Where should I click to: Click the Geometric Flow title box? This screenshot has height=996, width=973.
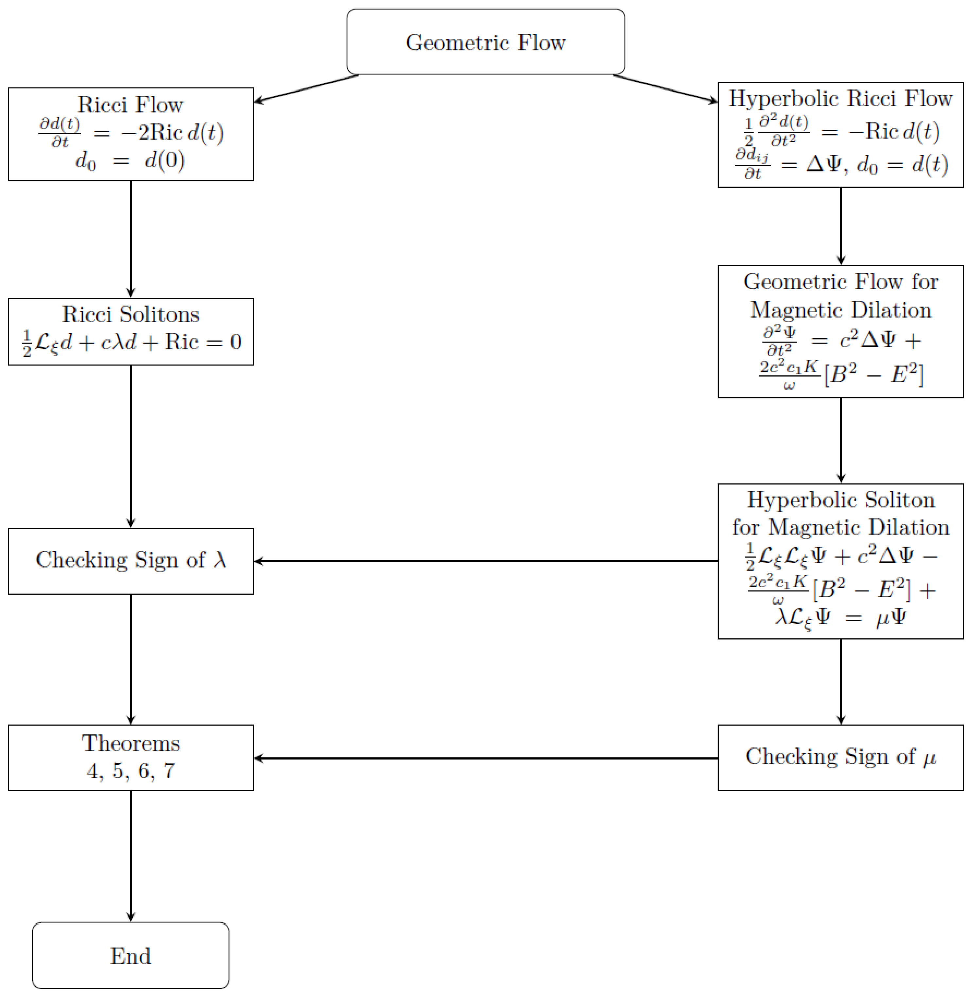485,42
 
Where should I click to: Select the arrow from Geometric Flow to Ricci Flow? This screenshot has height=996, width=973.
307,88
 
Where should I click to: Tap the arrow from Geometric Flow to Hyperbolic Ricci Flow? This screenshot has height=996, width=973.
664,88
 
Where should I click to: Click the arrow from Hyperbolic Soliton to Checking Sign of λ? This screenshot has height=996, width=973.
485,561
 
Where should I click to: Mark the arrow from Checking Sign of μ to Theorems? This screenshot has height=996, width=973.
485,758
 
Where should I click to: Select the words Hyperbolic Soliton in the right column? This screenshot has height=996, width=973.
841,499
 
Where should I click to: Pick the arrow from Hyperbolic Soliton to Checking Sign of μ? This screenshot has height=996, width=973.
841,681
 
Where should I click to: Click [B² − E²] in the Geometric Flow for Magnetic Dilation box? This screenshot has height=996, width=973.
874,375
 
